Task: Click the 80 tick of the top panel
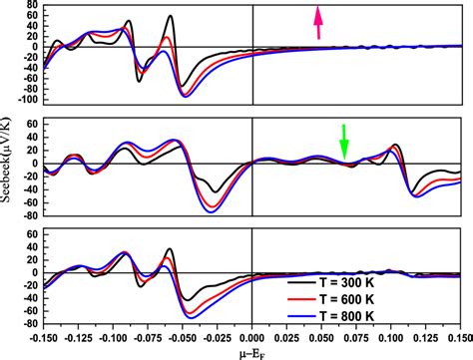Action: pyautogui.click(x=31, y=6)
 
